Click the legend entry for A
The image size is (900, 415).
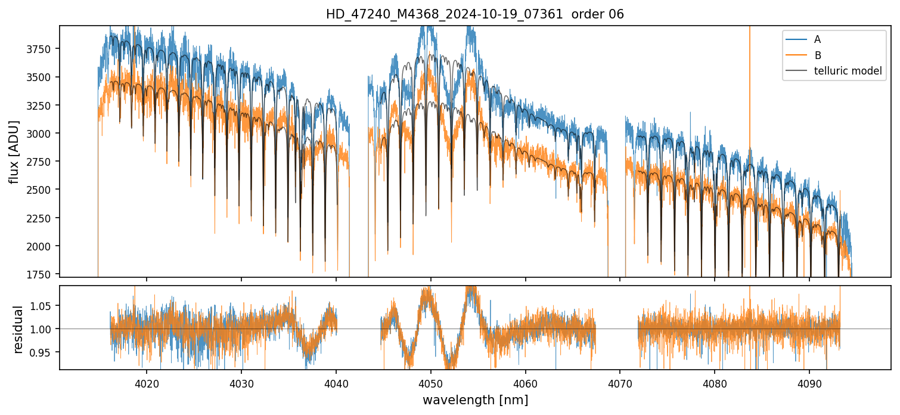[x=817, y=39]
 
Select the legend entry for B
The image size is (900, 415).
[x=817, y=55]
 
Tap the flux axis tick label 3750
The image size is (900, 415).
[x=41, y=49]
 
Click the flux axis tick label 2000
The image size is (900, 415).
[x=41, y=246]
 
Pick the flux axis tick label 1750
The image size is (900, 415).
[x=41, y=274]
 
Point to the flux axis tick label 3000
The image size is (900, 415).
[x=41, y=134]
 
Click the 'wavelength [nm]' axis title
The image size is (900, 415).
[x=475, y=399]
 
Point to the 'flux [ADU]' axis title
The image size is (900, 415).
[x=14, y=151]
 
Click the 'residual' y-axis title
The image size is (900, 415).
[x=18, y=329]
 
